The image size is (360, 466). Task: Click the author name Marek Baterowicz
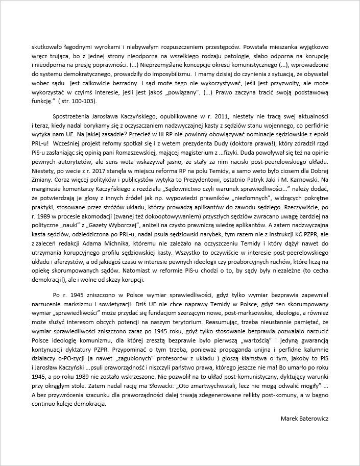point(304,418)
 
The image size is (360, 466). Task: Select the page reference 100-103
point(87,102)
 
